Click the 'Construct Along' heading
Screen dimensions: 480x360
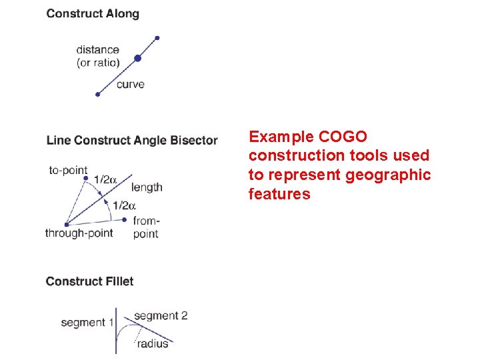93,13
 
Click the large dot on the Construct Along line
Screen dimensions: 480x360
137,59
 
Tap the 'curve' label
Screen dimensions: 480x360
130,84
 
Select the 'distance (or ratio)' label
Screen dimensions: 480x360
98,56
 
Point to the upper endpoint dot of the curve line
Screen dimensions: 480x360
157,38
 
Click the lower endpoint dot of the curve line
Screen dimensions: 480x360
97,95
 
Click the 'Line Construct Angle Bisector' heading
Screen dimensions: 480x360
132,140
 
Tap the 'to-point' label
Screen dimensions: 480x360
68,170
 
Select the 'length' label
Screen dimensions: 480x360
147,187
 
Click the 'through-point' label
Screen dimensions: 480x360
79,233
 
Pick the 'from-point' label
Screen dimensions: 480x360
146,227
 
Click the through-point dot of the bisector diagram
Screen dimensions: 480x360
66,224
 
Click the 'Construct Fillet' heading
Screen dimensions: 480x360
89,281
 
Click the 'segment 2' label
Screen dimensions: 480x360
161,315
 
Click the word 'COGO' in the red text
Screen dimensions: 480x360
343,137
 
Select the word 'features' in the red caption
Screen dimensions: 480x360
279,195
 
